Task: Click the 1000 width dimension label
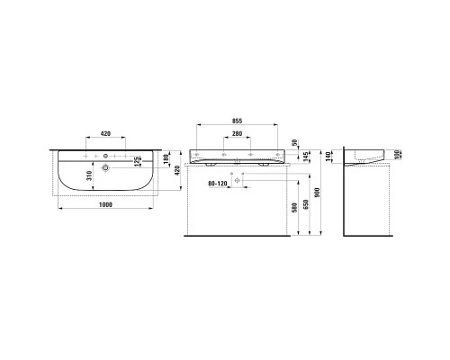pos(105,204)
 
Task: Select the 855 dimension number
pos(237,121)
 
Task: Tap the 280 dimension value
pos(237,134)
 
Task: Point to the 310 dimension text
pos(88,176)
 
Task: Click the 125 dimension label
pos(138,161)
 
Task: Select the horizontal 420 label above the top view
pos(105,133)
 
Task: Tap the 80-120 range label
pos(218,184)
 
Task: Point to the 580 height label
pos(294,208)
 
